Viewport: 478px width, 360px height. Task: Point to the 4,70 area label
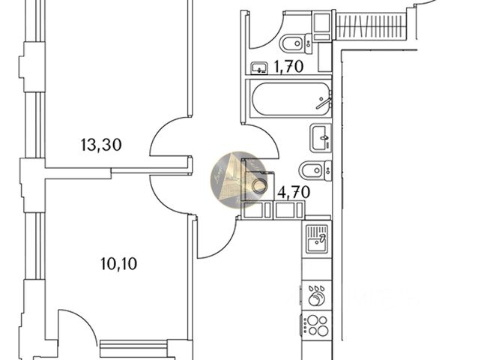click(x=294, y=191)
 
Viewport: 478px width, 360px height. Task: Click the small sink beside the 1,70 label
click(x=259, y=67)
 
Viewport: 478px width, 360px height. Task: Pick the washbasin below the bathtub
click(x=320, y=137)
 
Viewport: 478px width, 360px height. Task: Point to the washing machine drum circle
click(x=260, y=186)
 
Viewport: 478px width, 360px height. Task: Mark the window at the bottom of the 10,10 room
click(x=135, y=346)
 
